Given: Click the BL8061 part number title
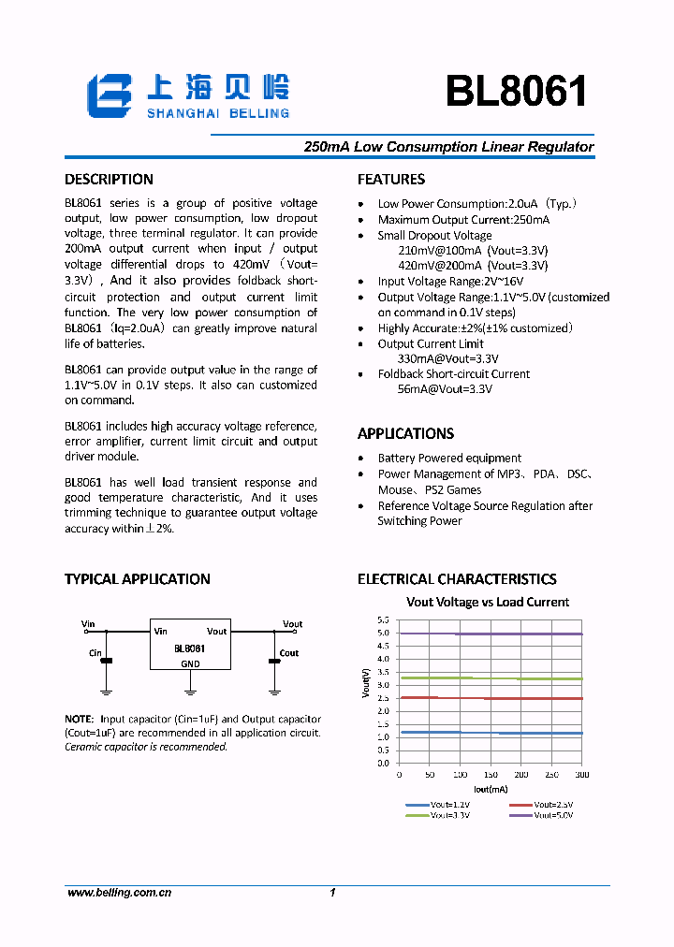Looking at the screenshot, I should pos(516,92).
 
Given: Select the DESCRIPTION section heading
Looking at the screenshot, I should pos(109,180).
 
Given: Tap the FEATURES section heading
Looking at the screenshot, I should pos(391,180).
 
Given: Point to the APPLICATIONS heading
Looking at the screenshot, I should pos(405,434).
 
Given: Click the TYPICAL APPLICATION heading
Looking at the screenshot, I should pos(137,579).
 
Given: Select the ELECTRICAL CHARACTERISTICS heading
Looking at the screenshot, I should pos(457,579).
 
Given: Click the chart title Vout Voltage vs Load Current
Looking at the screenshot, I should pos(487,603).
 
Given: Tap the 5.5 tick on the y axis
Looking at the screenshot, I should pos(383,620).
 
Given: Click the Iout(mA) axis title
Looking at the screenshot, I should pos(490,789).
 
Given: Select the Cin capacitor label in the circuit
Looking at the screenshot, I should pos(95,653).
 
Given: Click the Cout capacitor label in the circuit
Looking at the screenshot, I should pos(289,653).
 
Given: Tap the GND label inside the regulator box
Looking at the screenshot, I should pos(190,663).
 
